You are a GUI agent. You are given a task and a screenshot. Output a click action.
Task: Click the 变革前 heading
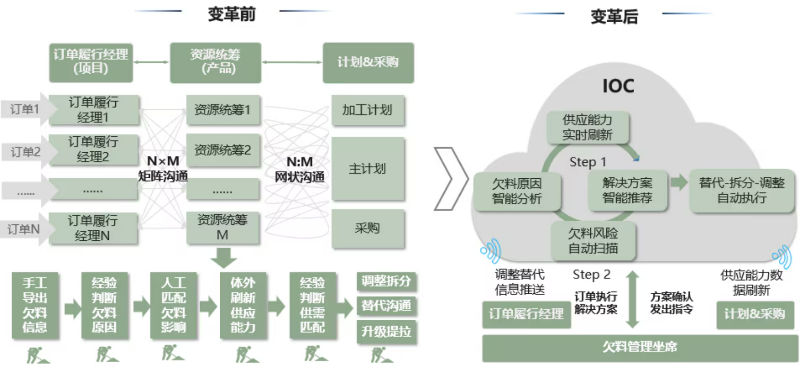pos(231,14)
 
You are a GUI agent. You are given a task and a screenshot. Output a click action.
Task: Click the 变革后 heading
pos(614,17)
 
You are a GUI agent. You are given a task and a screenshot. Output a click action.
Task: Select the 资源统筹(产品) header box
pos(215,62)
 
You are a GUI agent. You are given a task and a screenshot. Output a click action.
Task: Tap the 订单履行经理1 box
pos(93,110)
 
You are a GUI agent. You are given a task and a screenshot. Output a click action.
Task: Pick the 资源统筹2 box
pos(223,150)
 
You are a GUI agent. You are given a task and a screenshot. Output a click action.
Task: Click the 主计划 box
pos(367,169)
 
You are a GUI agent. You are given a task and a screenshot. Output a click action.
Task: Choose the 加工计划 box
pos(367,110)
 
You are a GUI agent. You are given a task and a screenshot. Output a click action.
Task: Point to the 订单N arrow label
pos(24,229)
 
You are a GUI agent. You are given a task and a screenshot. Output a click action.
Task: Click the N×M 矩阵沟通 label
pos(163,168)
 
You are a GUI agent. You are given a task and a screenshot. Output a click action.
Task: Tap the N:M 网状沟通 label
pos(299,169)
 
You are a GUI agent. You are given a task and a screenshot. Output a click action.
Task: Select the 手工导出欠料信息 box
pos(35,305)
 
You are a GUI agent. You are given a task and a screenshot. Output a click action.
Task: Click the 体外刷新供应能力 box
pos(243,305)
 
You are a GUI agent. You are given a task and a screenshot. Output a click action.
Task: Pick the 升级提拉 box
pos(386,332)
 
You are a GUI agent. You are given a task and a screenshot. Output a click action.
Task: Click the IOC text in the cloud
pos(618,86)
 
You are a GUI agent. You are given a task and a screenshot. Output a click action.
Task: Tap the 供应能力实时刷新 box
pos(587,127)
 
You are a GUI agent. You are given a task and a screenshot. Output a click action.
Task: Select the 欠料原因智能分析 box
pos(517,191)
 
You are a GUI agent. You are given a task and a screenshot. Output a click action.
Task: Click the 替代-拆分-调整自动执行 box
pos(741,190)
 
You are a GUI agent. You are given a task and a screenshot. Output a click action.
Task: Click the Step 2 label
pos(592,275)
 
